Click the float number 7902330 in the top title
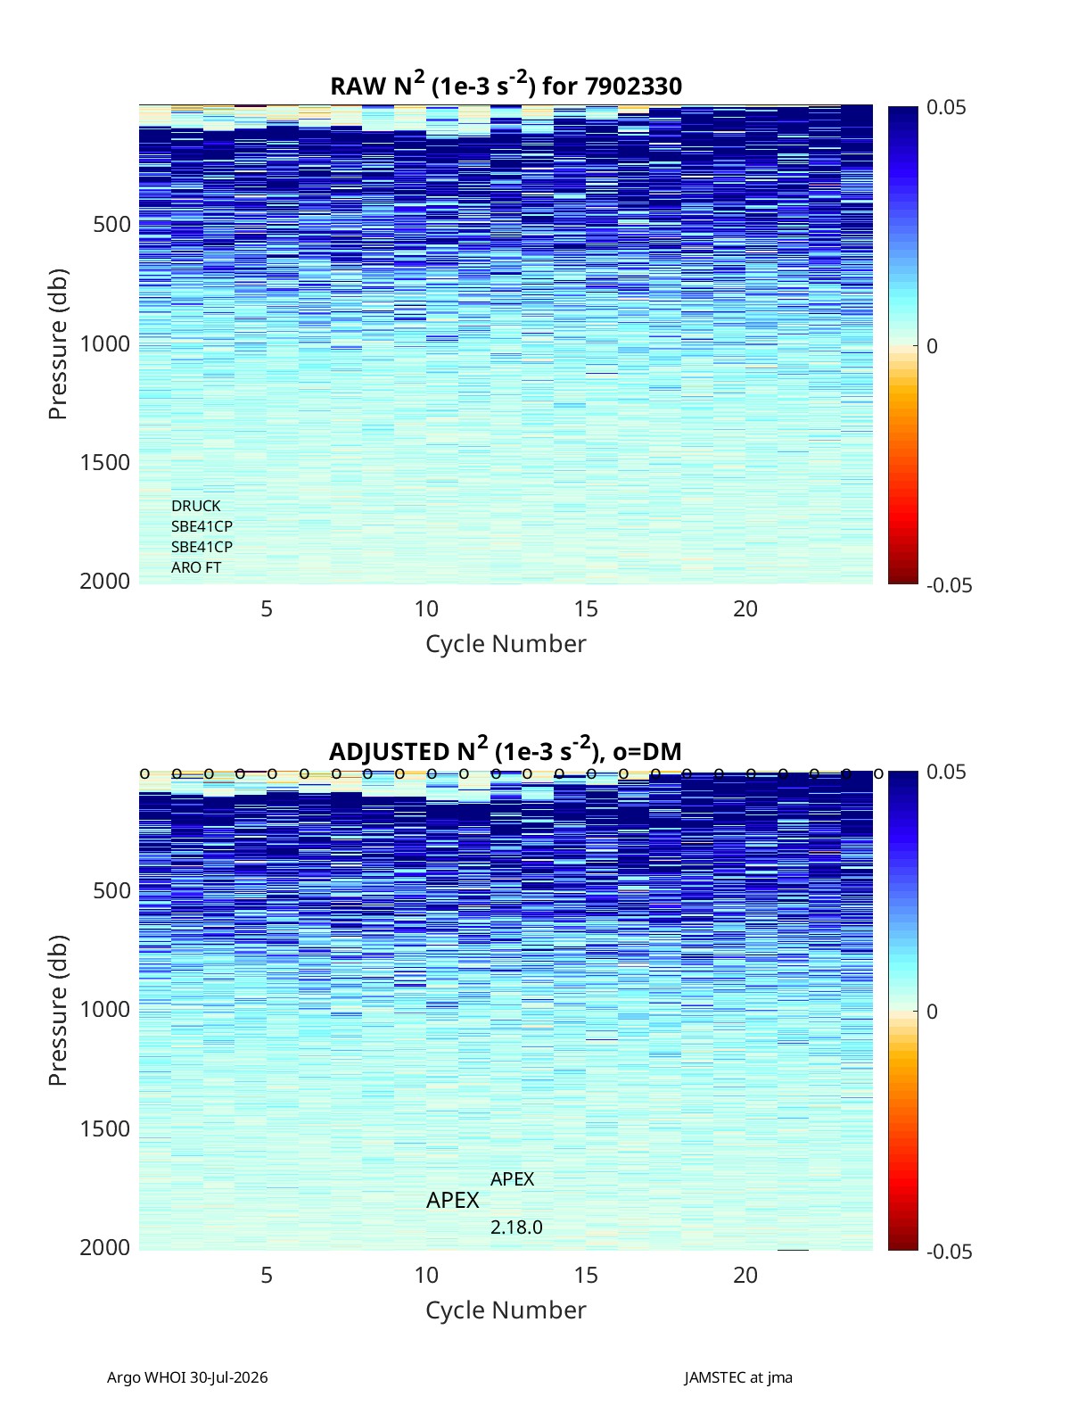point(633,87)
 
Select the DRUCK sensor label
point(195,506)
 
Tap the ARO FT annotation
point(195,567)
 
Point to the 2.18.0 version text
point(516,1227)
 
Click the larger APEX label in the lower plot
point(452,1200)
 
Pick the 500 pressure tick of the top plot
point(111,225)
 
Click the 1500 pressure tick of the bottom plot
point(105,1128)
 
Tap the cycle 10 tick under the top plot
point(426,608)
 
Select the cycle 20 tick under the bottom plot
point(745,1275)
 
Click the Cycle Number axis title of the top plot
point(506,644)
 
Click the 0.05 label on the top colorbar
point(946,108)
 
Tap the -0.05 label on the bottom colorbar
point(949,1252)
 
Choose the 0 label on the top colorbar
point(932,346)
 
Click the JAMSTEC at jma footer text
point(738,1377)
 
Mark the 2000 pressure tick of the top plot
point(105,582)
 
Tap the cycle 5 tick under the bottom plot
point(267,1275)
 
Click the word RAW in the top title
point(358,87)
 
